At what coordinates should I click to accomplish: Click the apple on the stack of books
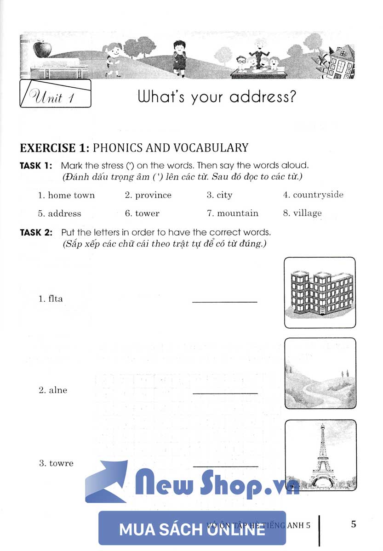click(42, 48)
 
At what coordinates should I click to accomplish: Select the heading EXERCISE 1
click(54, 147)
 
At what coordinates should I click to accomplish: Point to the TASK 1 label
click(36, 165)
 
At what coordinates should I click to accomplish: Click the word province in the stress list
click(153, 195)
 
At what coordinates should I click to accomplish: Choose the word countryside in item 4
click(318, 195)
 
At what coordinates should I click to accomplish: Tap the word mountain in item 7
click(238, 214)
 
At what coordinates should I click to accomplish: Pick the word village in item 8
click(308, 214)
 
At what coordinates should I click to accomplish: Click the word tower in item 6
click(147, 214)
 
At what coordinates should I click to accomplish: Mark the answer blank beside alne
click(225, 393)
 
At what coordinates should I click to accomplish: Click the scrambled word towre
click(61, 463)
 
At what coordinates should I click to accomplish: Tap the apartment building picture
click(320, 292)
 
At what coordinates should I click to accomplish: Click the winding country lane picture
click(320, 373)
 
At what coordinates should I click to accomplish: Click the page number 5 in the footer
click(353, 524)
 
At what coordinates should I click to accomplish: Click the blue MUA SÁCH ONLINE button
click(192, 528)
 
